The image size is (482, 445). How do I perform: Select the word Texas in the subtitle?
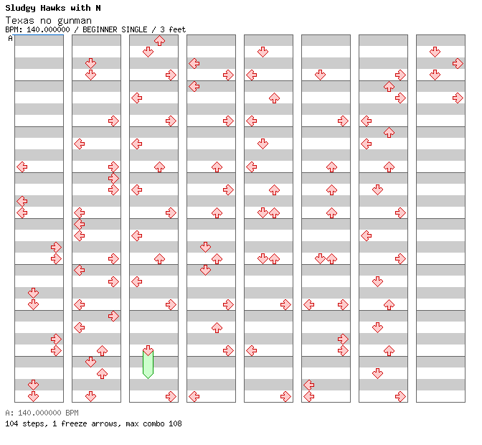click(x=18, y=20)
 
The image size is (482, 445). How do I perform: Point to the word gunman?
click(x=75, y=20)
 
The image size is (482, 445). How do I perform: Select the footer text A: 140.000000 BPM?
click(x=42, y=413)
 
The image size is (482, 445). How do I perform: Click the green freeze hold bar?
click(x=148, y=363)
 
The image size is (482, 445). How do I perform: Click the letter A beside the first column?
click(x=10, y=39)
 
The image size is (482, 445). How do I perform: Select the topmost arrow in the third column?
click(x=159, y=41)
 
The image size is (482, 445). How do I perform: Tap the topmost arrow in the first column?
click(x=22, y=167)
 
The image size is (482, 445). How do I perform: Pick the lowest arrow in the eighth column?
click(x=458, y=98)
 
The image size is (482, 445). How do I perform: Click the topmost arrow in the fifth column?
click(x=263, y=52)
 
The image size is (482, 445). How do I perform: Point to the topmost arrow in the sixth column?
click(x=320, y=75)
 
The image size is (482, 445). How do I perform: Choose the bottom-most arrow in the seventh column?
click(x=400, y=396)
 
